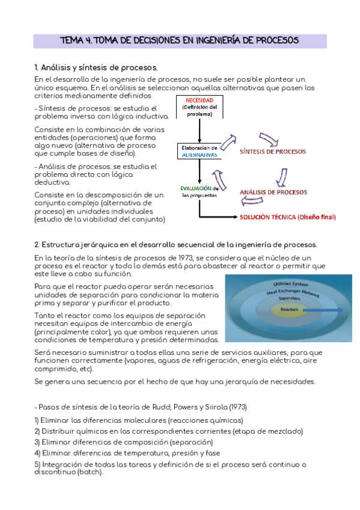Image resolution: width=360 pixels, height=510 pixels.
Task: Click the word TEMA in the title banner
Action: tap(72, 41)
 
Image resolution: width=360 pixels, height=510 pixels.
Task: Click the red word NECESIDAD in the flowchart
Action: tap(200, 100)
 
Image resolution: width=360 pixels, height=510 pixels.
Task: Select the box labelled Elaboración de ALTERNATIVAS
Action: tap(200, 151)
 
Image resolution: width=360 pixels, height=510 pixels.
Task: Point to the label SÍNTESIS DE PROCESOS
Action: tap(273, 152)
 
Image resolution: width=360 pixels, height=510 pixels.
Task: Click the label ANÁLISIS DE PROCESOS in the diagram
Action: tap(273, 192)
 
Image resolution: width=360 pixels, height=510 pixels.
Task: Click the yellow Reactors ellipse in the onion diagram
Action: tap(289, 309)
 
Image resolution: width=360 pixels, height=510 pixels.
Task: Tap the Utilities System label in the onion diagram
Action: tap(290, 284)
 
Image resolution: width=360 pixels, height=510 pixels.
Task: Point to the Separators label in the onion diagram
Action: tap(289, 298)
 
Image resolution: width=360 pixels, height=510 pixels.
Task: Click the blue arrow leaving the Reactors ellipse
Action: tap(323, 310)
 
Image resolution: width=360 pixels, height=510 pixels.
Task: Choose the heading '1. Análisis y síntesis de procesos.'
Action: tap(96, 67)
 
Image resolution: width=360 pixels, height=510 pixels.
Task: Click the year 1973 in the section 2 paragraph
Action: tap(185, 258)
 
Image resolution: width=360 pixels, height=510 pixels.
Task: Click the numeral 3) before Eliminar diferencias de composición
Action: tap(37, 443)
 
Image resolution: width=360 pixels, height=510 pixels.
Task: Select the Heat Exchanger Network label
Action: tap(293, 292)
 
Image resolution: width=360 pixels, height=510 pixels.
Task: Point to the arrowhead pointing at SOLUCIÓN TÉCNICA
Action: tap(236, 217)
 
